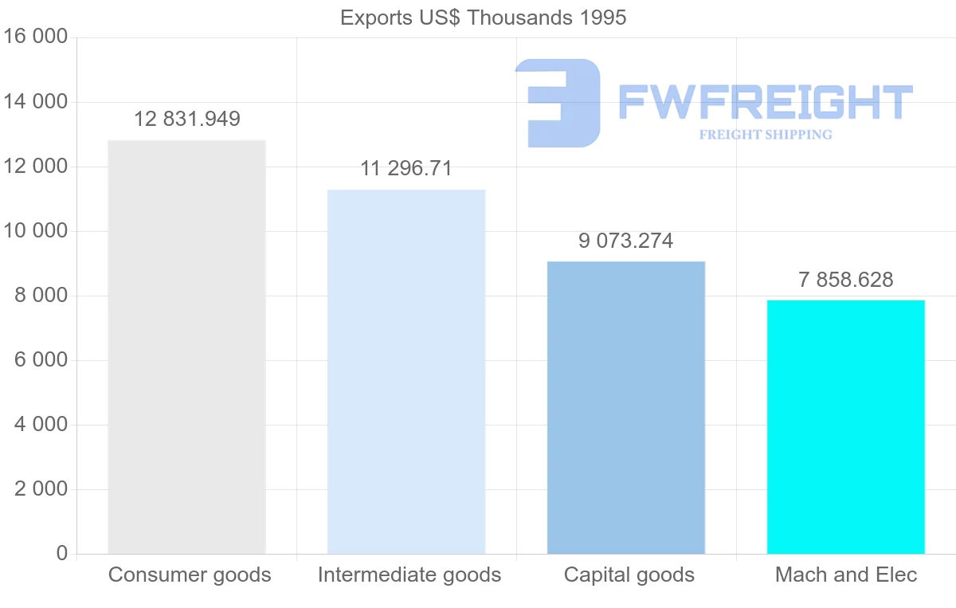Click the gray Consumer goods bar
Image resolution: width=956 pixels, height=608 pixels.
point(186,347)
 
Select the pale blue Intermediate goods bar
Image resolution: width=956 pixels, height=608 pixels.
point(406,371)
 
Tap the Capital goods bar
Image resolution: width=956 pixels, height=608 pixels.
point(626,407)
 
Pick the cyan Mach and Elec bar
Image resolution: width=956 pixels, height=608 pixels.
point(846,426)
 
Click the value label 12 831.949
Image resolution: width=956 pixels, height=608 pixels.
point(186,120)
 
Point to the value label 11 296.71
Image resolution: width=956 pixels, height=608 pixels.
point(406,169)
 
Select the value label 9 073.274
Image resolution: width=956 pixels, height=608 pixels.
point(626,241)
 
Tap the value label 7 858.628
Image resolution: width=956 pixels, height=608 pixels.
point(846,280)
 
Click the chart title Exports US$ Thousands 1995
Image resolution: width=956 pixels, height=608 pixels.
point(483,18)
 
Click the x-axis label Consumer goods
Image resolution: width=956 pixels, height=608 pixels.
point(190,575)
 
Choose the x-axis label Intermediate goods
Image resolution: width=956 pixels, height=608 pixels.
point(409,575)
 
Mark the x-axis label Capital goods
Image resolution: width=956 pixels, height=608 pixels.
point(629,575)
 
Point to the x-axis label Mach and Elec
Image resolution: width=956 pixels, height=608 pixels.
point(846,575)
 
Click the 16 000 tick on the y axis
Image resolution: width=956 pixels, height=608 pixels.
point(36,37)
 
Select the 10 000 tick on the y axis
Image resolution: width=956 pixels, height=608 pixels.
point(36,231)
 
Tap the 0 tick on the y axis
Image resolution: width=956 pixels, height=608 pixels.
point(62,553)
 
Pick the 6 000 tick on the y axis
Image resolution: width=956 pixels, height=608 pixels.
point(41,360)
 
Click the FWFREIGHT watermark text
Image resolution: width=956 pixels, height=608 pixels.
point(765,102)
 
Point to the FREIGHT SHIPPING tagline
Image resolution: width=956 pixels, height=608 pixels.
point(766,135)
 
